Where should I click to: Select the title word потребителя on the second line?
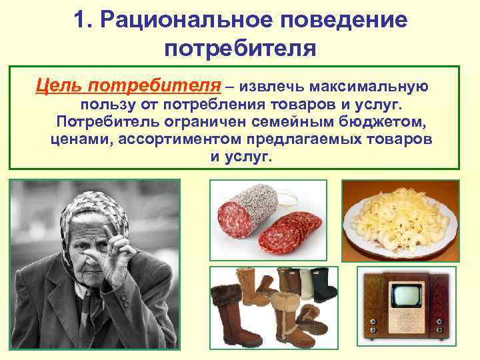pyautogui.click(x=239, y=47)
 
